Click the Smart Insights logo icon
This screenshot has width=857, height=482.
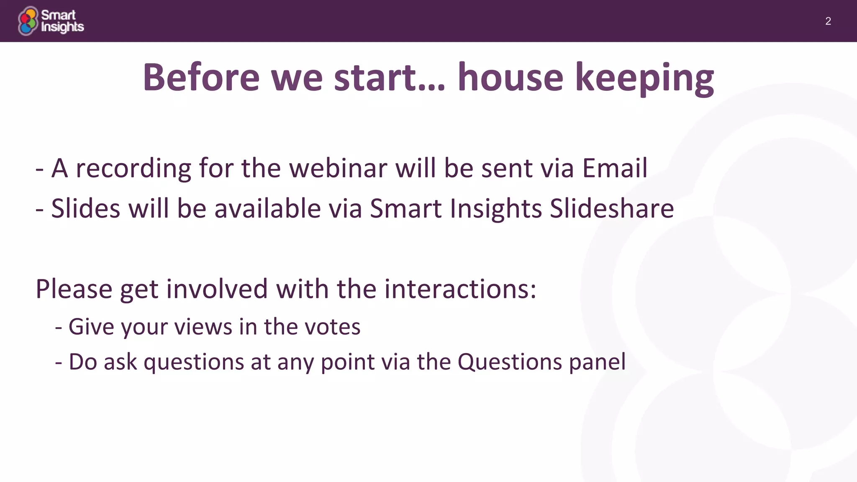pos(28,21)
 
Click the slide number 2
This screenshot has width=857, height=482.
pos(828,21)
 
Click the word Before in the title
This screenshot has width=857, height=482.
pos(201,77)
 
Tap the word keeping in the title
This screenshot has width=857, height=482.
pos(644,77)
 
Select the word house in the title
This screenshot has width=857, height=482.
pos(510,77)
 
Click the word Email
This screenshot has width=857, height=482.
pos(615,168)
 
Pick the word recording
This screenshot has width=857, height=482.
pos(133,168)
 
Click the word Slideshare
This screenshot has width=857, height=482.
pos(611,208)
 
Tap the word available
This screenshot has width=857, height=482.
pos(267,208)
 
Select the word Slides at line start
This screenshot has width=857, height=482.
pos(85,208)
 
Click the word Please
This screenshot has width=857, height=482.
pos(74,289)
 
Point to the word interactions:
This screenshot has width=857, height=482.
pos(460,289)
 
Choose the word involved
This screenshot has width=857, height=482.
pos(217,289)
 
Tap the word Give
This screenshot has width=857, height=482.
pos(91,327)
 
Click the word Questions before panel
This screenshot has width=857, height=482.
pos(509,362)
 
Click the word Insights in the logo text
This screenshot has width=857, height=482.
pos(62,27)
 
